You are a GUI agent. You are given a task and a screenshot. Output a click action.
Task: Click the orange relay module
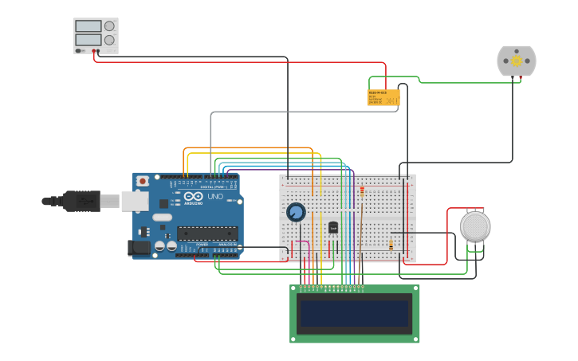coord(383,97)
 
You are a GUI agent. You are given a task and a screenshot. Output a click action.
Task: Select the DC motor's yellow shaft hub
coord(516,61)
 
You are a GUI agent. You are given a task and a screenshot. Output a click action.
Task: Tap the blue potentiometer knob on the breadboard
coord(296,212)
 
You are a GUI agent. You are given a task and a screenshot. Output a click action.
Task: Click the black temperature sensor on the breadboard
coord(333,227)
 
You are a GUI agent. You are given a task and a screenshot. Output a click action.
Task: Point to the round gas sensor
coord(475,226)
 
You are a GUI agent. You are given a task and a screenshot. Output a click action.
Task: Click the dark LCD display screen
coord(354,313)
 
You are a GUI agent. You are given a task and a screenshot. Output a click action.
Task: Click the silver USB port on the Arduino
coord(135,201)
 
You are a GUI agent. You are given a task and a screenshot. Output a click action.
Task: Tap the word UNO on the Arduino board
coord(215,197)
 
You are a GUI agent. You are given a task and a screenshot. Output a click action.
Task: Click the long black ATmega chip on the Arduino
coord(207,233)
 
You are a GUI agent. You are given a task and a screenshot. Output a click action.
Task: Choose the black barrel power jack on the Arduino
coord(140,247)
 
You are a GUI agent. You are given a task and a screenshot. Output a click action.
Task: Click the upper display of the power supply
coord(88,26)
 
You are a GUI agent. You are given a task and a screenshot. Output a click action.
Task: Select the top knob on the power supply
coord(109,26)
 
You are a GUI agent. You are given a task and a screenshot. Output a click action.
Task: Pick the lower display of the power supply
coord(88,40)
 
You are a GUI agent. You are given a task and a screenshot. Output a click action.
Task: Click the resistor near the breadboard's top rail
coord(362,191)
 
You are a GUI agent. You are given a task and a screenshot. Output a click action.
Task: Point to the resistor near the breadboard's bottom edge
coord(391,245)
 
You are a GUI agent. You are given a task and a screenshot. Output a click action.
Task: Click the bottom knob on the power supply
coord(109,40)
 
